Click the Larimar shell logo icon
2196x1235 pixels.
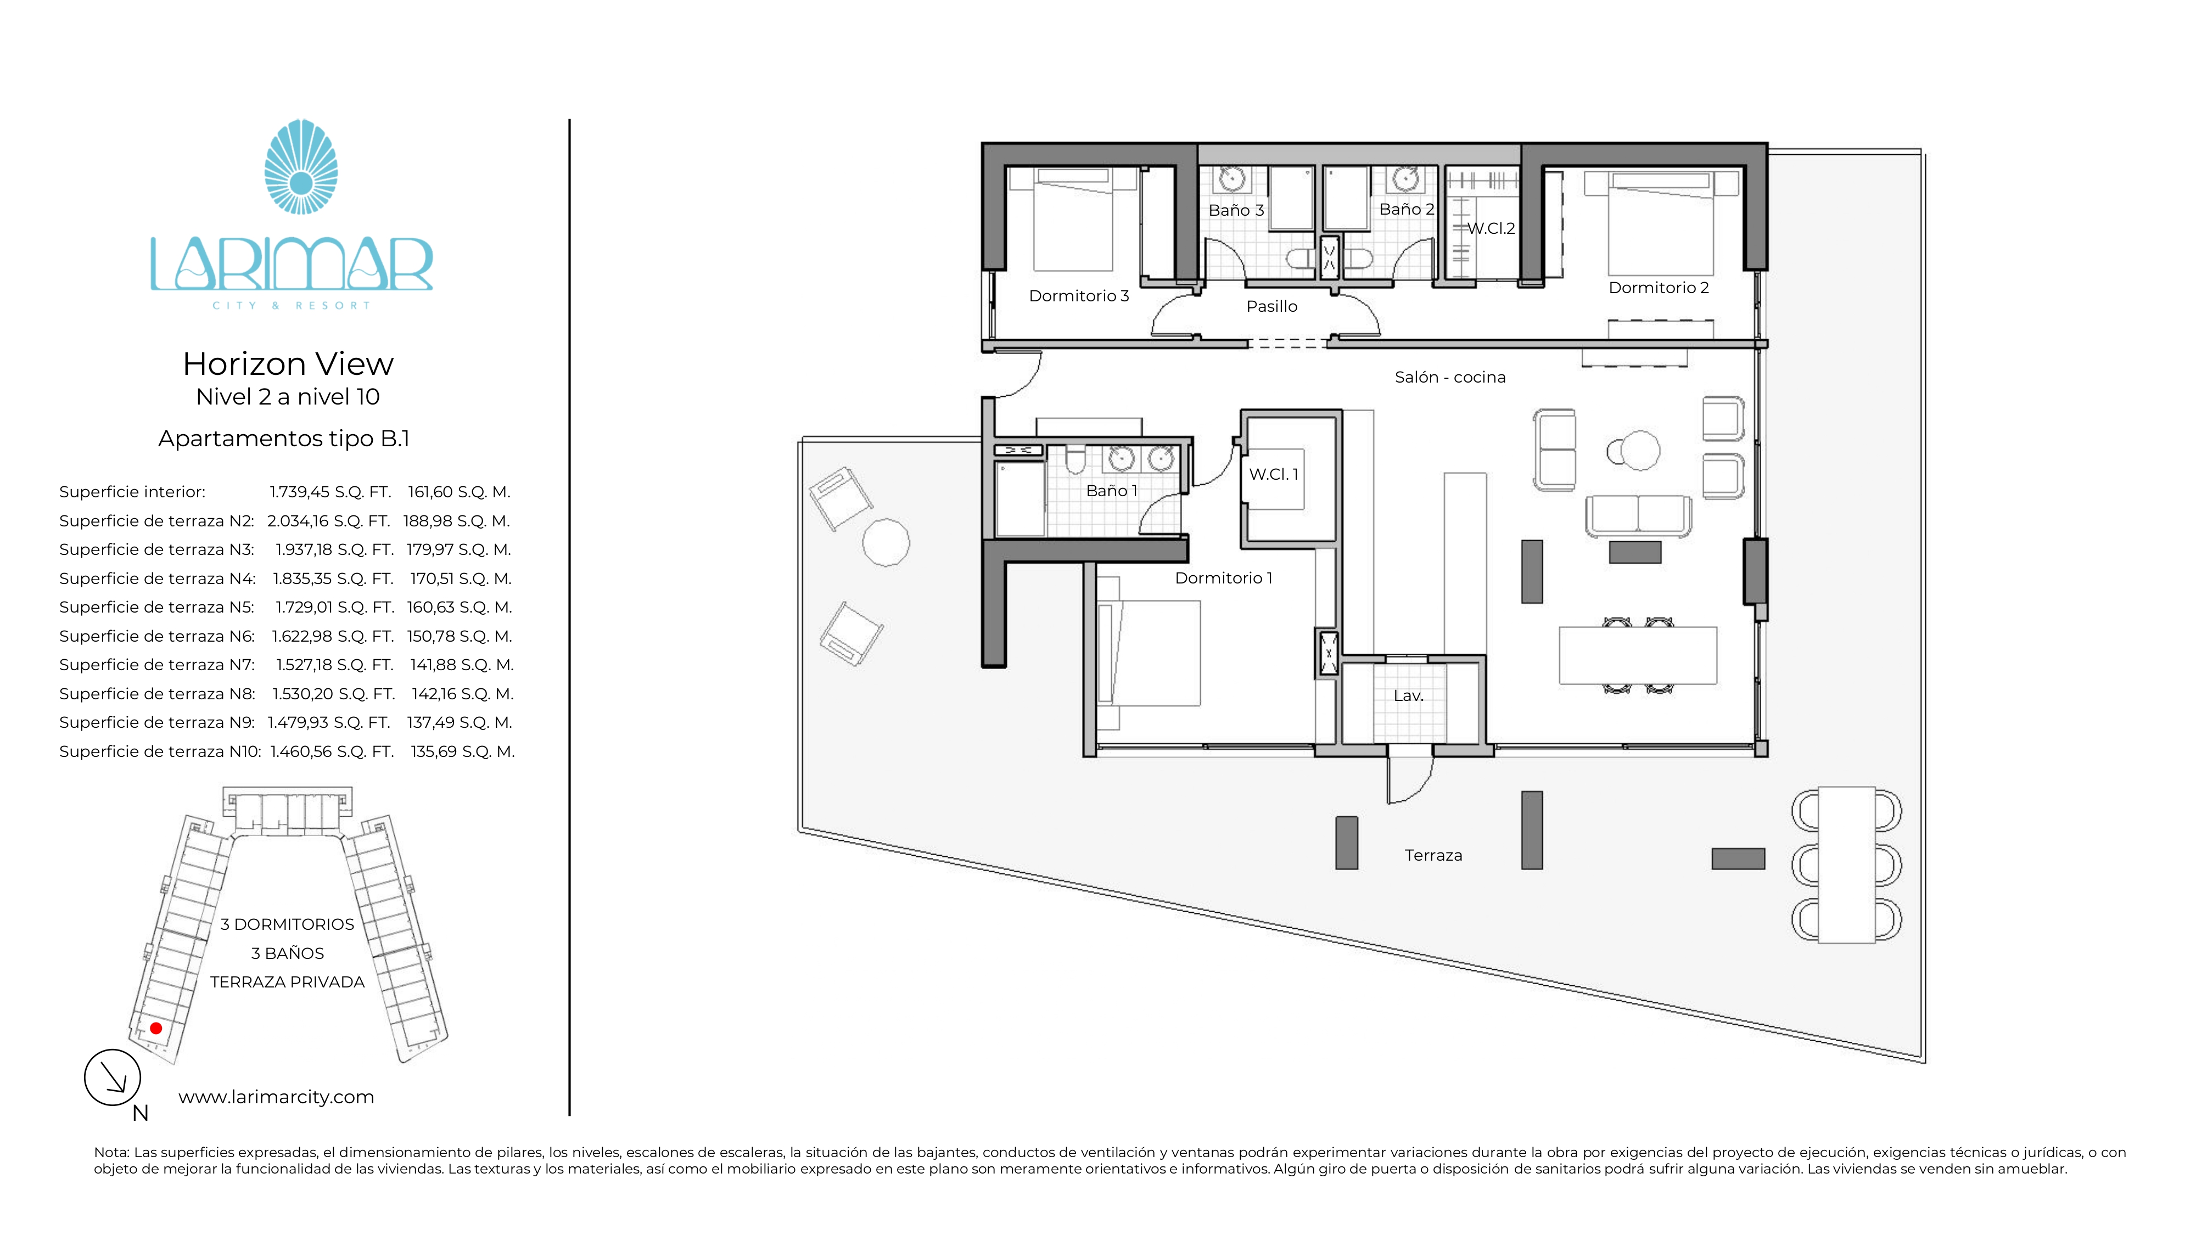tap(301, 166)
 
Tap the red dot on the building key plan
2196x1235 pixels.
tap(156, 1028)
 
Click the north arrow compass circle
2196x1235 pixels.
tap(113, 1077)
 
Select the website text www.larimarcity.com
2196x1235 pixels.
tap(276, 1097)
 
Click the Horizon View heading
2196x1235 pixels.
tap(288, 364)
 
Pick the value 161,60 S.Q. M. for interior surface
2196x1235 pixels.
tap(458, 492)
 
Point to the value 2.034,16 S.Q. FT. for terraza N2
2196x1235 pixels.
tap(328, 521)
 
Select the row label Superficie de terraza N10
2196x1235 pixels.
tap(160, 751)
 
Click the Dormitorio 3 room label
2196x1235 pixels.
tap(1078, 296)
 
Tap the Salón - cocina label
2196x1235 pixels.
tap(1450, 377)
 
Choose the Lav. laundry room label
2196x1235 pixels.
tap(1408, 695)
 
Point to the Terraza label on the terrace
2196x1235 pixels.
tap(1433, 855)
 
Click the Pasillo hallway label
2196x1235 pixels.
tap(1272, 306)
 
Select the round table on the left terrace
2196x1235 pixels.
tap(886, 542)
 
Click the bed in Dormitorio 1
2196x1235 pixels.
tap(1149, 653)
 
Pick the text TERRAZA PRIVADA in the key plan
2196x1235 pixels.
tap(287, 982)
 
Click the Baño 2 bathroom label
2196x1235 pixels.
tap(1407, 209)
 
